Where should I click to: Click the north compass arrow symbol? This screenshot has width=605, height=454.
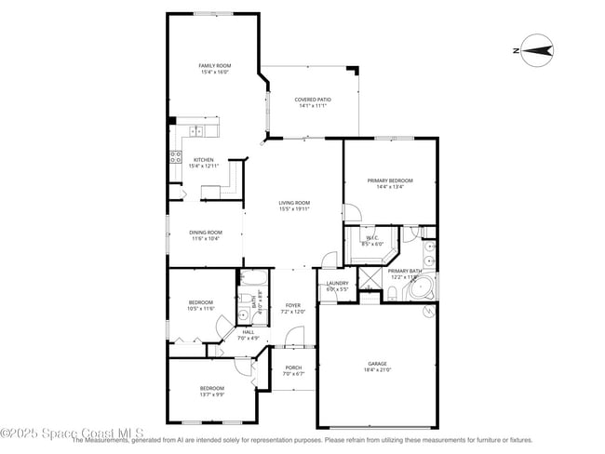click(x=536, y=50)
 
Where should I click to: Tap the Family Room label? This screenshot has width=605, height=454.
click(x=214, y=65)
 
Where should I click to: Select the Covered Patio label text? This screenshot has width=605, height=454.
click(x=313, y=100)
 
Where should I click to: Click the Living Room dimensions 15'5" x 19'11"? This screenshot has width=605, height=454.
click(x=294, y=209)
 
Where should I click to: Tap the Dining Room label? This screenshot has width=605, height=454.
click(x=206, y=232)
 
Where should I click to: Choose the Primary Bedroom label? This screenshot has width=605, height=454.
click(x=389, y=180)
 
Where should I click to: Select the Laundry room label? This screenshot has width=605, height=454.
click(x=337, y=283)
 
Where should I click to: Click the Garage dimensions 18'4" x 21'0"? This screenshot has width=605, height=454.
click(x=377, y=370)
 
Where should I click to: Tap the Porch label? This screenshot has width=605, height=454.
click(x=292, y=367)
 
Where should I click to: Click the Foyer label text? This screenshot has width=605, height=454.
click(x=293, y=305)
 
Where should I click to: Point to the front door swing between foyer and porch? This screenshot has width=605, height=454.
click(x=294, y=337)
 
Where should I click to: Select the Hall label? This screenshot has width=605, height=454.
click(x=249, y=331)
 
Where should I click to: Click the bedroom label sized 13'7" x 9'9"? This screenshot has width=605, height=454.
click(x=211, y=388)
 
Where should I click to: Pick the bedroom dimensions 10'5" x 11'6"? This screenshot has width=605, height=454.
click(x=201, y=308)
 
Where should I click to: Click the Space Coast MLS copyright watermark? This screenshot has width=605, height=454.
click(x=72, y=434)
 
